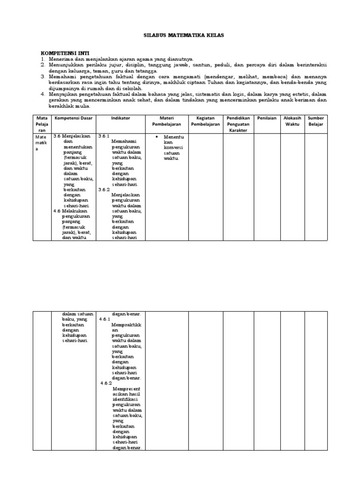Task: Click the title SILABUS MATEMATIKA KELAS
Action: [x=180, y=36]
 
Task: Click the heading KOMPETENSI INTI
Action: [x=65, y=53]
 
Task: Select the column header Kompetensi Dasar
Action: [x=73, y=118]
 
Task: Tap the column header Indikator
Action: [x=120, y=118]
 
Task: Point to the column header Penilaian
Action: [x=267, y=118]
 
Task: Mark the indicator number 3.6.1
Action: [x=104, y=135]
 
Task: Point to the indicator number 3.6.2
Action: [x=104, y=189]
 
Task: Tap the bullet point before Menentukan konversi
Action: [x=156, y=136]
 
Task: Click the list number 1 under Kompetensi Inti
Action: [x=43, y=59]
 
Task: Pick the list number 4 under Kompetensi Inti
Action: [x=43, y=94]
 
